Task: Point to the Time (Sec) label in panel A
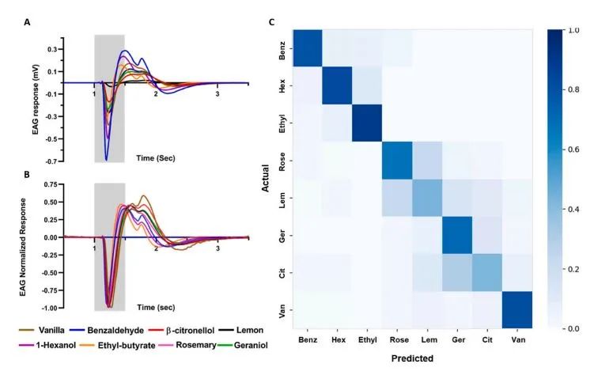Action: (156, 157)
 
